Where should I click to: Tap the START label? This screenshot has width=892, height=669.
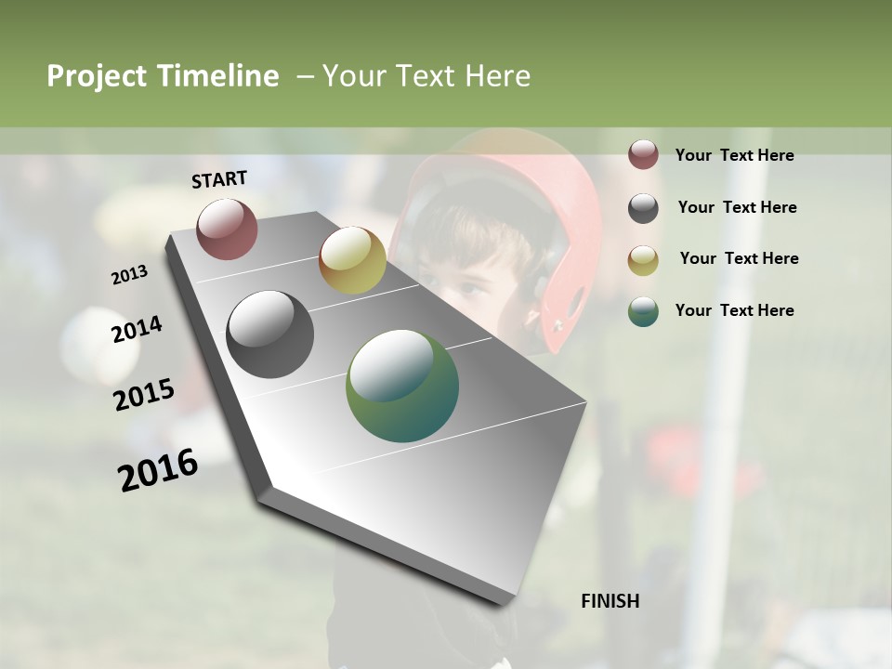tap(219, 179)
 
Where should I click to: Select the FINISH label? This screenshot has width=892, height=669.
tap(610, 601)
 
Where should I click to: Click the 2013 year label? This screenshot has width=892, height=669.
tap(130, 274)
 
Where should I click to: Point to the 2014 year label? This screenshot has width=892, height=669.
tap(137, 329)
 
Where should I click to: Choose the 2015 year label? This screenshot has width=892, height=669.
tap(144, 394)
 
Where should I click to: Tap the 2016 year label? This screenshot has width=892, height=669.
tap(158, 469)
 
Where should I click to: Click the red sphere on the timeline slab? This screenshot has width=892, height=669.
tap(227, 229)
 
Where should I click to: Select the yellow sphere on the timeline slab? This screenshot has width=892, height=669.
tap(352, 260)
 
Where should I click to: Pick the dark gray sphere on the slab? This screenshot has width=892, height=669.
tap(269, 334)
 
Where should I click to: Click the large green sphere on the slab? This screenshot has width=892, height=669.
tap(402, 386)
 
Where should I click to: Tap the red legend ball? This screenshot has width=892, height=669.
tap(643, 155)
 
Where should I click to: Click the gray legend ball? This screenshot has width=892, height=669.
tap(643, 208)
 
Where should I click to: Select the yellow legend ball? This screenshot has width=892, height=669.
tap(643, 260)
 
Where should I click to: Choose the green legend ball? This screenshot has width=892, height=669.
tap(643, 311)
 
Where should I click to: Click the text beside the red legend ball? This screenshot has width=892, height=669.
tap(734, 155)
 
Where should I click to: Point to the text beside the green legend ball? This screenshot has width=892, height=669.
tap(734, 310)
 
